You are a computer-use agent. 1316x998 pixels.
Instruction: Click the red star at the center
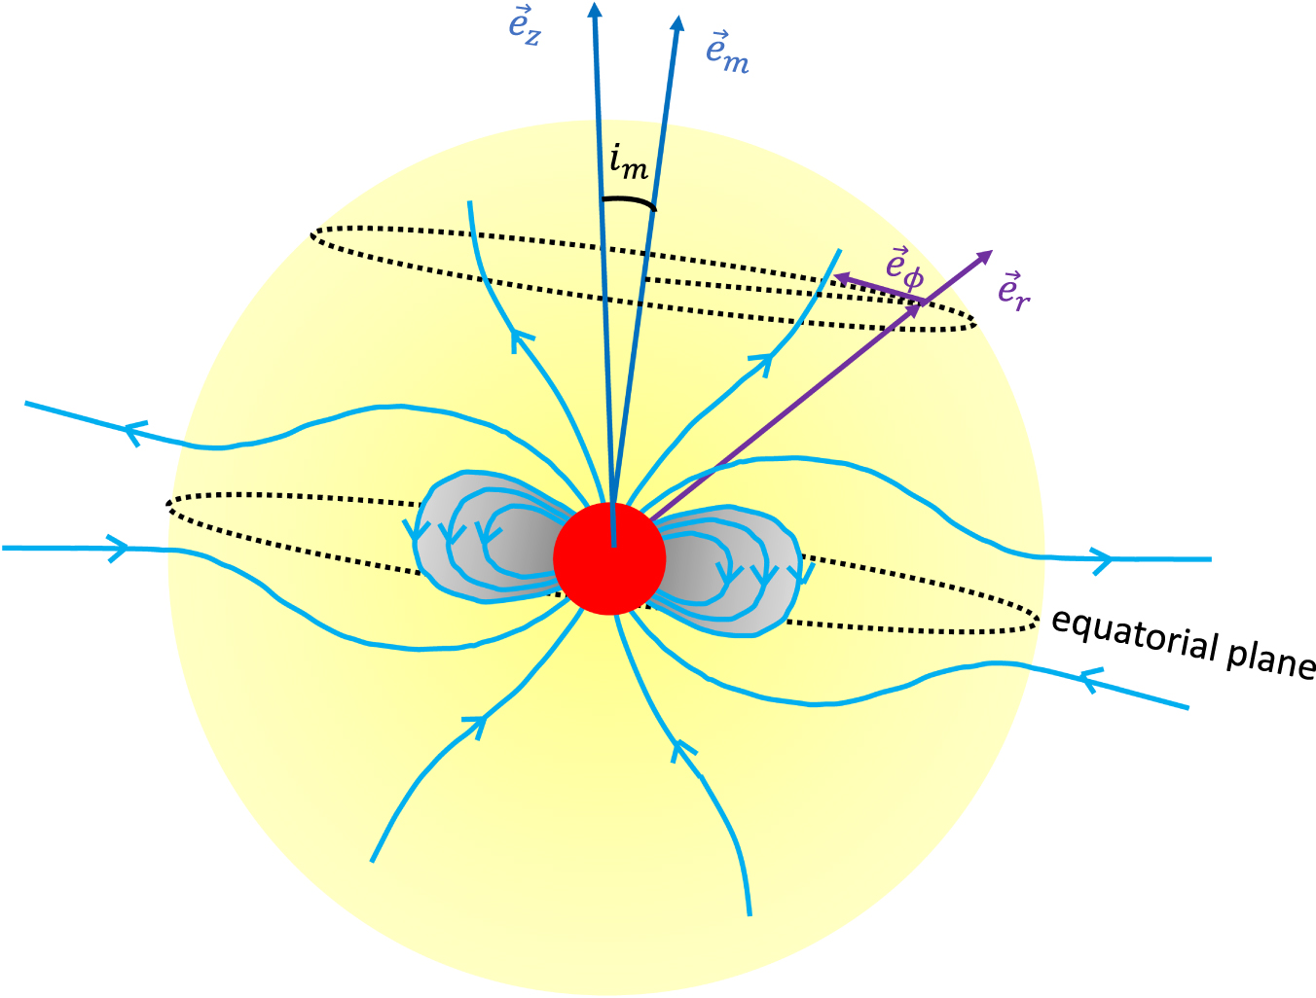click(x=609, y=558)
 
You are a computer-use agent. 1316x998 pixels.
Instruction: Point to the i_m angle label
click(x=628, y=163)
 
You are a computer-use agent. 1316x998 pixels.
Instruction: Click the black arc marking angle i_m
click(x=629, y=202)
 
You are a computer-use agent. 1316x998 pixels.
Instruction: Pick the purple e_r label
click(x=1013, y=290)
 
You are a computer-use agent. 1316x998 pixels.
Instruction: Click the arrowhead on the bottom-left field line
click(x=475, y=724)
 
